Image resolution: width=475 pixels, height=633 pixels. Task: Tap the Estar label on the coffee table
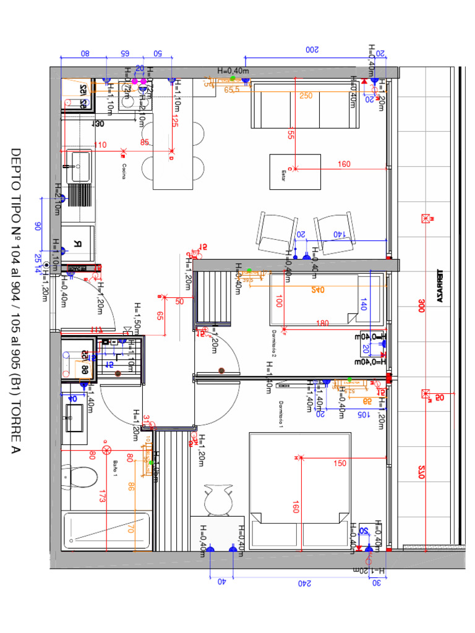(x=285, y=172)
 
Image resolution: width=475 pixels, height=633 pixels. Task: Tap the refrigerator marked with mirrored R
(x=79, y=243)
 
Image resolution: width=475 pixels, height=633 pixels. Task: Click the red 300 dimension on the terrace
(x=421, y=306)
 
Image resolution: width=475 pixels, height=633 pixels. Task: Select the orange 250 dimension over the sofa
(x=306, y=96)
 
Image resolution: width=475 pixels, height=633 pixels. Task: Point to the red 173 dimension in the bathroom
(x=103, y=495)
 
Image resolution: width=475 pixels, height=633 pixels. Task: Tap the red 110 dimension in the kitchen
(x=100, y=145)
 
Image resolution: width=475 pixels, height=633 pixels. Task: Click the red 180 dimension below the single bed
(x=322, y=323)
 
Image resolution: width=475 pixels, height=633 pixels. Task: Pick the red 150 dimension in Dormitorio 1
(x=340, y=463)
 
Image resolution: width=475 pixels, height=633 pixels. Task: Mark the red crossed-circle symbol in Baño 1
(x=106, y=449)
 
